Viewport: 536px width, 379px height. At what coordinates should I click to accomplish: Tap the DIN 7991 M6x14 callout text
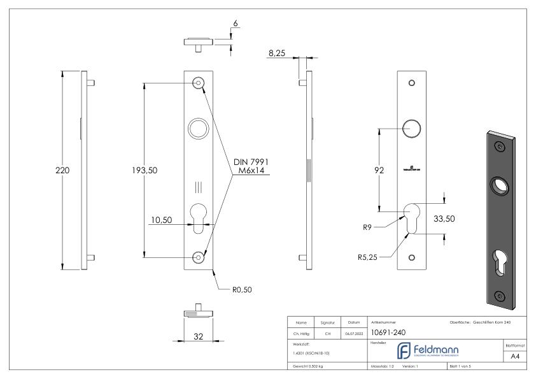pos(250,168)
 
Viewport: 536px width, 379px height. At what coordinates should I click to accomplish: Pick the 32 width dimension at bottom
pos(199,336)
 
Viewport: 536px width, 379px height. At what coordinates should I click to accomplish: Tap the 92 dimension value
pos(379,171)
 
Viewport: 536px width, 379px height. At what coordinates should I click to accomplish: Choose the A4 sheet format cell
pos(516,357)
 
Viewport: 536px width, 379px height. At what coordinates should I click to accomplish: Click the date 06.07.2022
pos(354,332)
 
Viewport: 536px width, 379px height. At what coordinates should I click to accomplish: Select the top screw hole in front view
pos(199,83)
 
